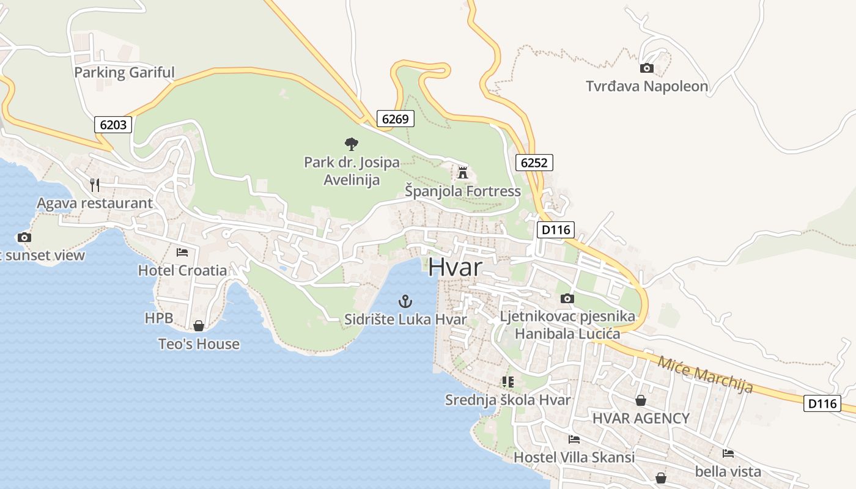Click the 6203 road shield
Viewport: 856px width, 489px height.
pos(113,125)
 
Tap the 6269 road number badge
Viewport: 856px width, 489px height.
pos(395,119)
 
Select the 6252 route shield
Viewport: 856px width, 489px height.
pos(534,163)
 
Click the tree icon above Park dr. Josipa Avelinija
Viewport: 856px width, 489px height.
pos(351,144)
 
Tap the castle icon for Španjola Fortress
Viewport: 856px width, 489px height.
pos(463,173)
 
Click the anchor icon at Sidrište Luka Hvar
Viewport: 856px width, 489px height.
pos(405,301)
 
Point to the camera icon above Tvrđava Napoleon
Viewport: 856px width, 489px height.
pos(646,68)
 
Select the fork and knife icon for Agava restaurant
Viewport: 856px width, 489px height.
pos(94,185)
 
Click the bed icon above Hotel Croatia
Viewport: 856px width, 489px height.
pos(182,252)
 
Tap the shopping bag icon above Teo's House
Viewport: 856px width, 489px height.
pos(198,326)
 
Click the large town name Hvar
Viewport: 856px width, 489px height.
pos(456,268)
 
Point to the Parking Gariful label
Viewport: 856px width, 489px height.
pos(124,73)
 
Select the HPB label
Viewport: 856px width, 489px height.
pos(159,318)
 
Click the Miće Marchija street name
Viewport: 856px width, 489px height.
pos(705,374)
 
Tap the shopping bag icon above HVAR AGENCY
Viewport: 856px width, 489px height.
pos(640,400)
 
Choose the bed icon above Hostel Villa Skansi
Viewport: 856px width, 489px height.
pos(574,439)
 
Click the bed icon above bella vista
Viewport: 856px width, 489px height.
pos(728,454)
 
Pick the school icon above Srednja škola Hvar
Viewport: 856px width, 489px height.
pos(507,382)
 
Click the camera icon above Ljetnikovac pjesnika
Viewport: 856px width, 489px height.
pos(567,298)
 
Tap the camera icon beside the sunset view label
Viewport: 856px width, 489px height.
pos(24,237)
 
